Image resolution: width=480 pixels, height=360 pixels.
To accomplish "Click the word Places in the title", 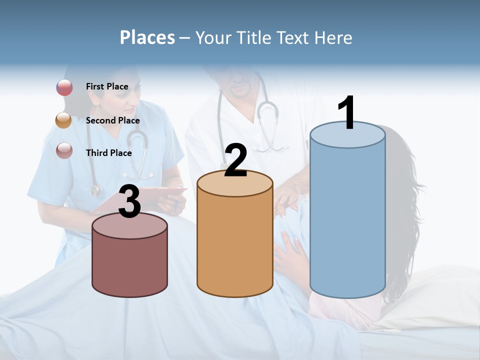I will (x=147, y=37).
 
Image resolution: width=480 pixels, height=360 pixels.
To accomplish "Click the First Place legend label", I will (x=107, y=86).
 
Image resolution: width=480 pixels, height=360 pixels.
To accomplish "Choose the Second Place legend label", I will (x=112, y=120).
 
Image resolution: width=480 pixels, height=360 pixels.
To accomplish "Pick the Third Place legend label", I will (x=109, y=153).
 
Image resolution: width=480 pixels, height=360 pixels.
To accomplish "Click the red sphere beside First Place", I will (x=64, y=87).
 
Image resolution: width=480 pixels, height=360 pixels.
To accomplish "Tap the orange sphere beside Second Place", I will (x=64, y=120).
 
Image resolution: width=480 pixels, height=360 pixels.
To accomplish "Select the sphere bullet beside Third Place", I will (x=64, y=150).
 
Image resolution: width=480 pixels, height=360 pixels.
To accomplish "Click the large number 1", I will (x=347, y=113).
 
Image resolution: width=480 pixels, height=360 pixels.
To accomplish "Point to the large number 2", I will (x=236, y=160).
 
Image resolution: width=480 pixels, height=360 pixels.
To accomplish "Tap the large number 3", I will (x=130, y=202).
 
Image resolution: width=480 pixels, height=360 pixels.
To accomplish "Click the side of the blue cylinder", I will (x=347, y=220).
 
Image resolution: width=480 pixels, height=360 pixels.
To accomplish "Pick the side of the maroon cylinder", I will (x=130, y=265).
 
